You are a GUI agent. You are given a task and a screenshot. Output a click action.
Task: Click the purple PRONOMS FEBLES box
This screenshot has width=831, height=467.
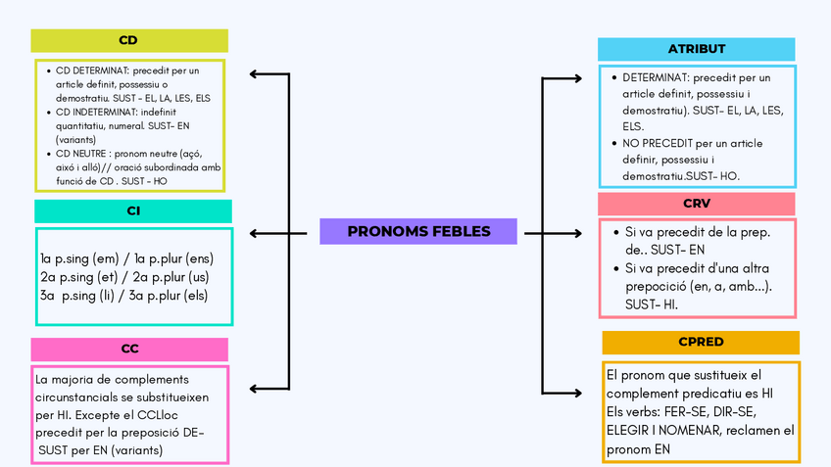pos(418,231)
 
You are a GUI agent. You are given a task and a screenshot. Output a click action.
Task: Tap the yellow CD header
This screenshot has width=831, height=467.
pos(128,40)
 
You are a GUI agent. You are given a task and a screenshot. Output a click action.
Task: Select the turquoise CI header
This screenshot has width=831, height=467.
pos(133,210)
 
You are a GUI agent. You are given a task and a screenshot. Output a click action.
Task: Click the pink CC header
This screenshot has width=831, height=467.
pos(129,350)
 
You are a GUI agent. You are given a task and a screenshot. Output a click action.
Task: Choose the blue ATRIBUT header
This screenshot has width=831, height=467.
pos(697,50)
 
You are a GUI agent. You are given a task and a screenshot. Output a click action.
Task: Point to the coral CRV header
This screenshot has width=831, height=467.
pos(697,204)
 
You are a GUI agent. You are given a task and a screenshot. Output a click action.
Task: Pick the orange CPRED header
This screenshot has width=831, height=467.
pos(701,343)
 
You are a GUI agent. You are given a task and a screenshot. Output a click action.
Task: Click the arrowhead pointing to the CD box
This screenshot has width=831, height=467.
pos(255,73)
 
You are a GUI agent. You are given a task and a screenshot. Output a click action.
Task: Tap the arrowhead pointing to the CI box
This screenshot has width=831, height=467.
pos(255,233)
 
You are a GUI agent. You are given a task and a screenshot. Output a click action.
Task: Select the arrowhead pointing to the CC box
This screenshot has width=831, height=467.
pos(255,388)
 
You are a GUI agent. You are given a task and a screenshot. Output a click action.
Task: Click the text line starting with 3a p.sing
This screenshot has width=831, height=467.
pos(122,295)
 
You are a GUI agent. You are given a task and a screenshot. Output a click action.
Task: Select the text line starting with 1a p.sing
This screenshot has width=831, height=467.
pos(126,258)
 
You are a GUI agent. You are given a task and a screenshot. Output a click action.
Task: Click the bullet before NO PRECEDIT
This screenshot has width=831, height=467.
pos(613,144)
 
